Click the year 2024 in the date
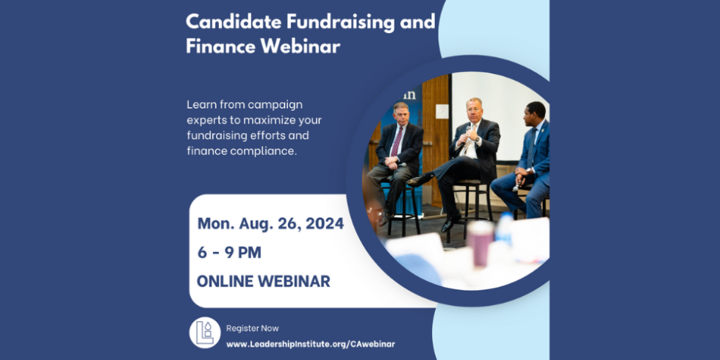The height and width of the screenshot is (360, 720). pos(325,223)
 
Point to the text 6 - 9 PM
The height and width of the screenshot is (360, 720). pos(229,253)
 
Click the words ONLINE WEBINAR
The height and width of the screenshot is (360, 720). pos(264,281)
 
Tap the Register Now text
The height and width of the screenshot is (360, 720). pos(252,328)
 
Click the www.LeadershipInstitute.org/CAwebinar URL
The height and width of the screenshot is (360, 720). pos(310,344)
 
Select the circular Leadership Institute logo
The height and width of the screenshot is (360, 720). pos(205,332)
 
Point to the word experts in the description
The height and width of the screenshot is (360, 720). pos(205,120)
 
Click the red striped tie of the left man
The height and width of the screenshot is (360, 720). pos(396,141)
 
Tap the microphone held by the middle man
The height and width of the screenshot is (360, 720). pos(467,132)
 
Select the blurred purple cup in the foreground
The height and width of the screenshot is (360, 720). pos(480,243)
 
